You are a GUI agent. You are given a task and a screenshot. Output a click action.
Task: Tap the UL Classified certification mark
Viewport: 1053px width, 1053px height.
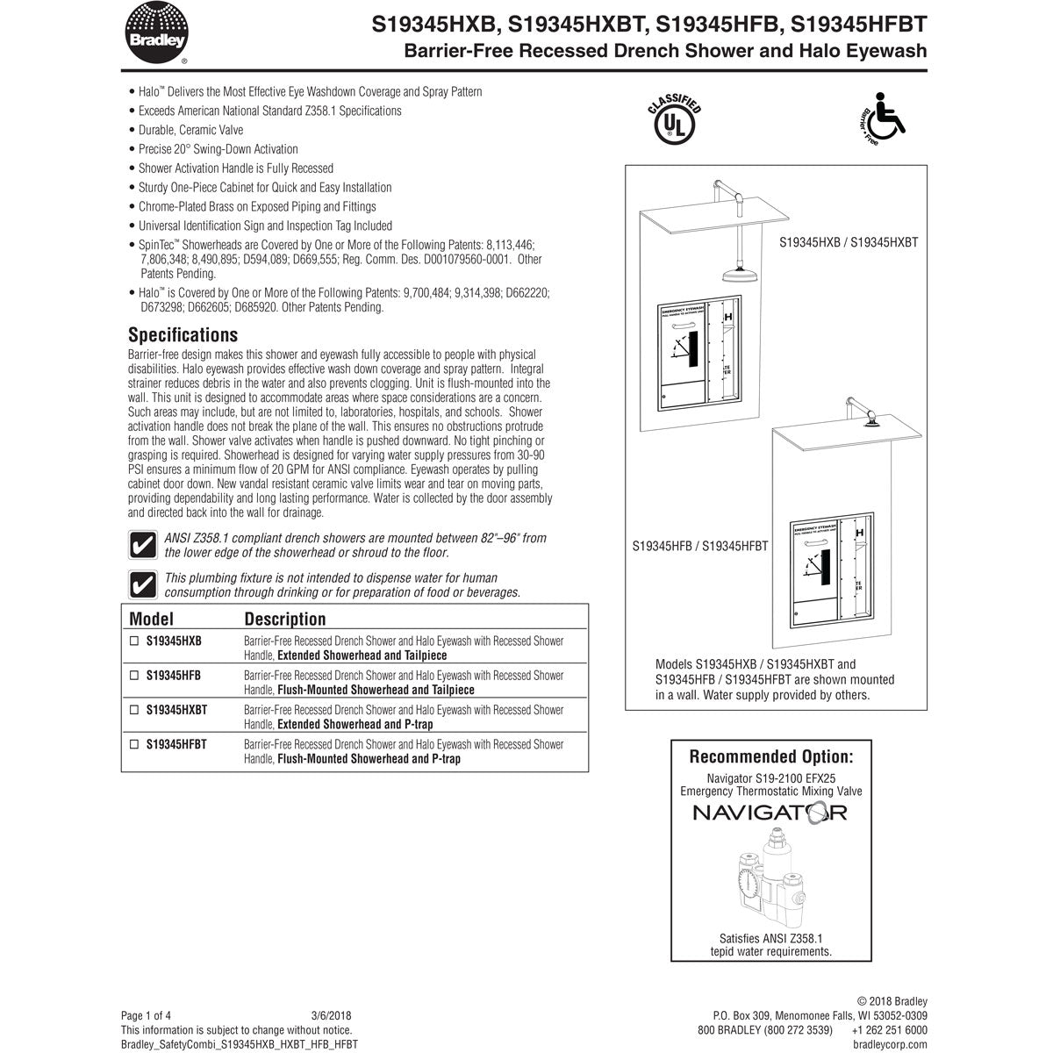(673, 123)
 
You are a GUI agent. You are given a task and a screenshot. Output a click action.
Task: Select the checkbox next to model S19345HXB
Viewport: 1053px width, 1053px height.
(134, 641)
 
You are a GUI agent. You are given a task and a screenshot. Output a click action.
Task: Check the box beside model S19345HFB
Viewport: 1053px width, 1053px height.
(134, 676)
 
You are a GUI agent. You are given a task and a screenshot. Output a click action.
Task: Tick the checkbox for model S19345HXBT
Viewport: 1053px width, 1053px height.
(134, 710)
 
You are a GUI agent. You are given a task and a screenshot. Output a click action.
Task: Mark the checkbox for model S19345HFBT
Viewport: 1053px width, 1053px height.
(134, 744)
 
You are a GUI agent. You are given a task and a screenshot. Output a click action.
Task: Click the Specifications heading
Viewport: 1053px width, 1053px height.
(183, 334)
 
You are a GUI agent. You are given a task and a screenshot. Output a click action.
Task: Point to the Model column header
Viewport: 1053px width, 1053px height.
(151, 619)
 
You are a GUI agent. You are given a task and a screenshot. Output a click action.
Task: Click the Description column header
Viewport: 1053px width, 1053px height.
(284, 619)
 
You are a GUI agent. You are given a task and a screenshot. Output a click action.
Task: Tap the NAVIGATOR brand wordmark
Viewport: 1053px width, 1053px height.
(770, 813)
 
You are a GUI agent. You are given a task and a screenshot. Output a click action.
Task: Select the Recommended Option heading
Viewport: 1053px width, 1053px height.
(770, 756)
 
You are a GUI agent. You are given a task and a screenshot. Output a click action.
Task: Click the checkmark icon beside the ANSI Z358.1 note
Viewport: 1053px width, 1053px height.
(142, 545)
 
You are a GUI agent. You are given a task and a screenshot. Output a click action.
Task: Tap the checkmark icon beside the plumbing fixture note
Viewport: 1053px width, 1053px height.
(142, 584)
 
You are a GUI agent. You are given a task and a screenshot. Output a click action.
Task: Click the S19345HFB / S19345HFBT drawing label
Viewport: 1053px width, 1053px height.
(700, 545)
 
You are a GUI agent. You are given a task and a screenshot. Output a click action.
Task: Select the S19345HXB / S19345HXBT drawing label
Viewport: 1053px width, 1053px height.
(848, 241)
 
